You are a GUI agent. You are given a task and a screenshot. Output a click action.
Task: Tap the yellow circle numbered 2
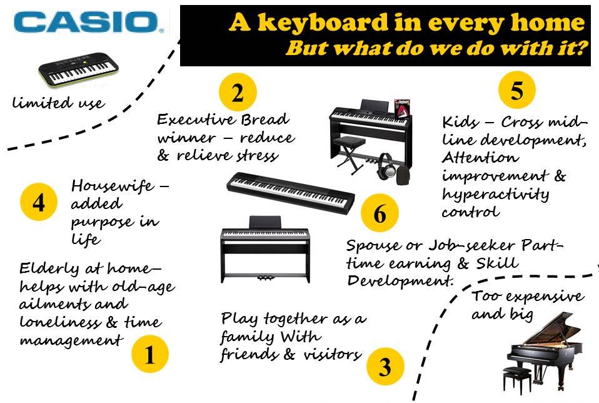(x=238, y=92)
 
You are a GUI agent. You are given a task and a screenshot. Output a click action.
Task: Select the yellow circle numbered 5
(x=517, y=90)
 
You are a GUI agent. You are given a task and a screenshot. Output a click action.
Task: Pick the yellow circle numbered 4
(x=39, y=202)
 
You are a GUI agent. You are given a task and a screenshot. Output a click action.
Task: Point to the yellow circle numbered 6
(x=380, y=213)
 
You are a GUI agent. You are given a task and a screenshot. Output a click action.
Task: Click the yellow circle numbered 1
(x=150, y=354)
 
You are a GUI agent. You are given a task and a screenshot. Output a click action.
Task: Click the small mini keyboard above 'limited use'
(x=79, y=69)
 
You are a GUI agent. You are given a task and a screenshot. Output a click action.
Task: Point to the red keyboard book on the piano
(x=402, y=110)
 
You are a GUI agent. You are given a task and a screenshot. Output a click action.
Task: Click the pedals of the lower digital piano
(x=265, y=278)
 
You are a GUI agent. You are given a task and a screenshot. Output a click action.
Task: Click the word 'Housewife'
(x=113, y=186)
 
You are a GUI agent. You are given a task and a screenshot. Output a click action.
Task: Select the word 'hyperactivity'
(x=495, y=195)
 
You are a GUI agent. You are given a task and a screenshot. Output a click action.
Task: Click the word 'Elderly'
(x=49, y=269)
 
